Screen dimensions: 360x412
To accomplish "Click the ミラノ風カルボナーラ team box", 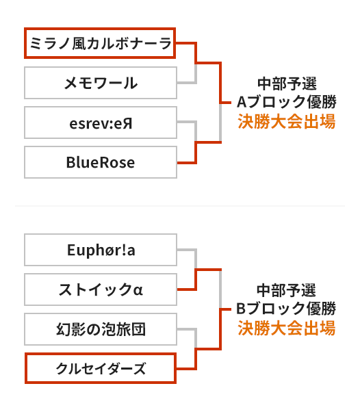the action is (x=100, y=43).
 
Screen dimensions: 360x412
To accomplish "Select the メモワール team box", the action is (x=101, y=83).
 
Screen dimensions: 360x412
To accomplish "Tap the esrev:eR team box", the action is (x=101, y=123).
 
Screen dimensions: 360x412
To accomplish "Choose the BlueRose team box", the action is (x=101, y=162).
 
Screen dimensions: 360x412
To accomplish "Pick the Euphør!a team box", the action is (x=101, y=250).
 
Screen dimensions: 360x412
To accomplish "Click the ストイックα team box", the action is (x=101, y=289).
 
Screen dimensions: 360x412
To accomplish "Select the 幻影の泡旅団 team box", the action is (x=101, y=329).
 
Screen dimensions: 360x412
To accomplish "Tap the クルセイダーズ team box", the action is (x=101, y=368).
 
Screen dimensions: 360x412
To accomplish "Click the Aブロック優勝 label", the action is (x=286, y=102).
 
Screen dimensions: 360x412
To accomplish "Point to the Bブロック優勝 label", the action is (x=286, y=308).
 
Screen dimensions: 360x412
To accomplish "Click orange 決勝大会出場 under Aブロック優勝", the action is (x=287, y=121).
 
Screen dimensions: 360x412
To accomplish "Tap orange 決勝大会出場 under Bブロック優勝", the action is (x=287, y=328).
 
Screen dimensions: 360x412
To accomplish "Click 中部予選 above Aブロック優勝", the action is (x=287, y=83).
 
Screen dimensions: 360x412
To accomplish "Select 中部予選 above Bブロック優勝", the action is (x=286, y=290).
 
